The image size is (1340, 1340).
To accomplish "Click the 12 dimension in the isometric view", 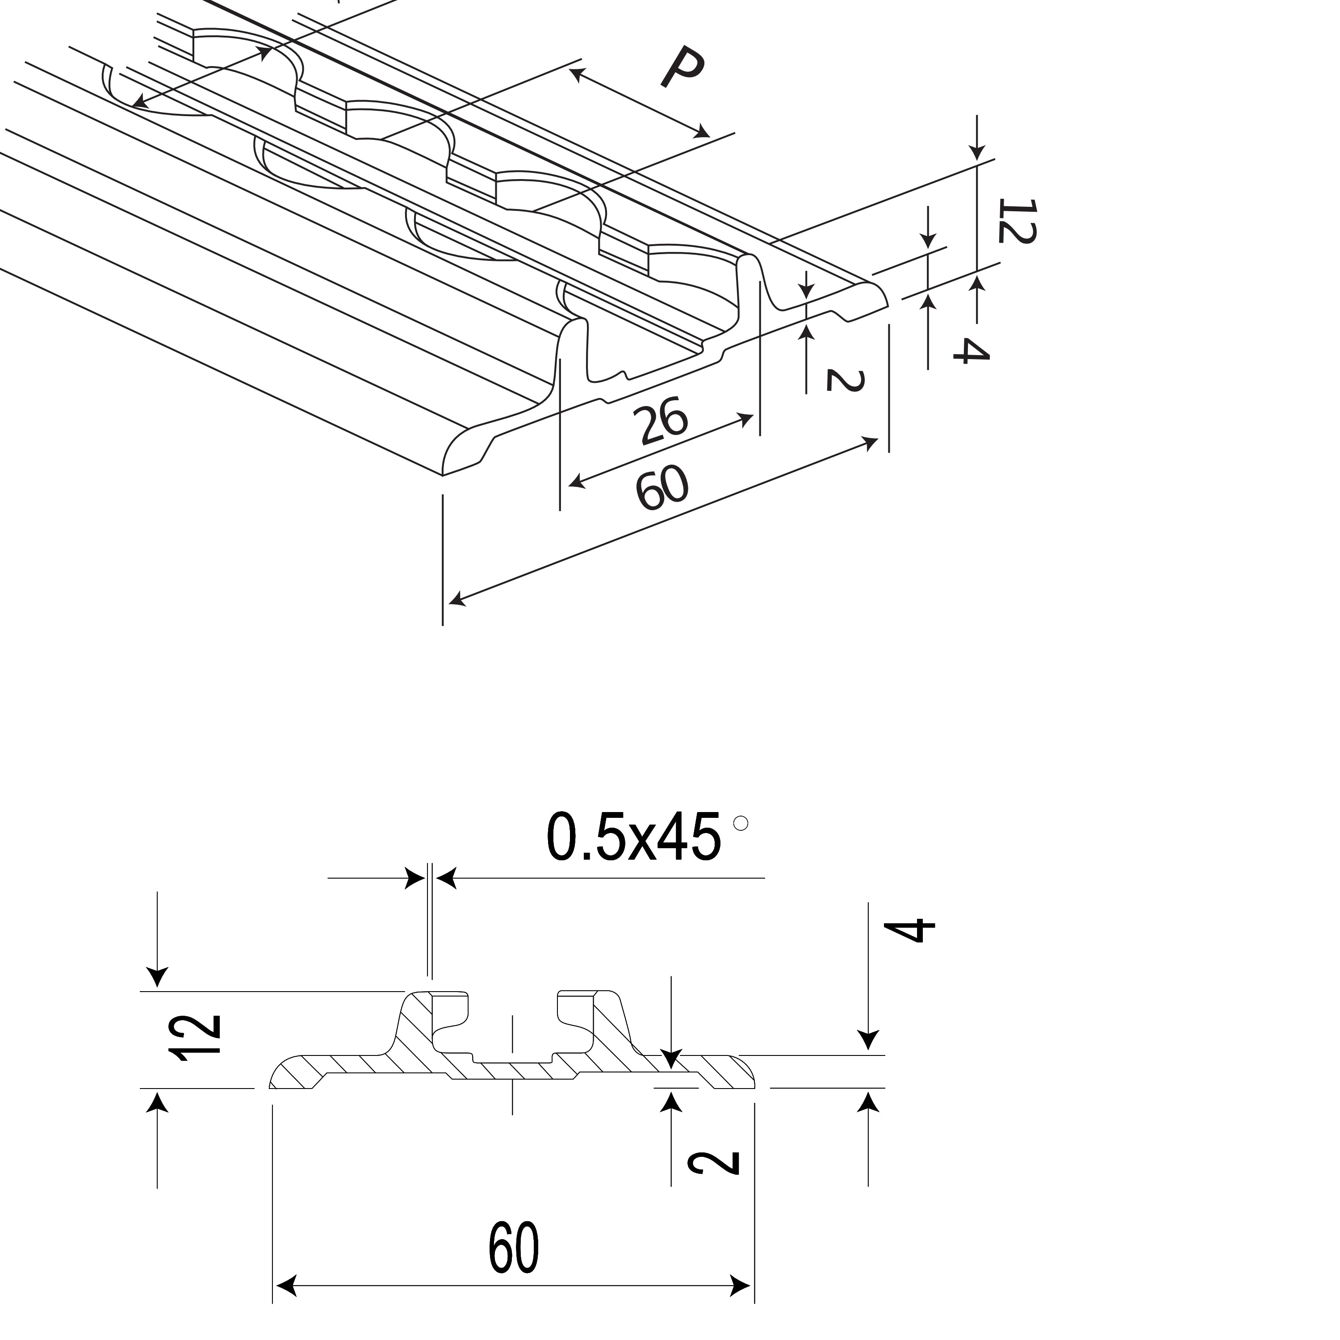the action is pyautogui.click(x=1017, y=221).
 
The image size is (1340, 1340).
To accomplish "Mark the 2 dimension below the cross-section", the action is pyautogui.click(x=714, y=1172).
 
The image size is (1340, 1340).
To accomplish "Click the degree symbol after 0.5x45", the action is pyautogui.click(x=741, y=823).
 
